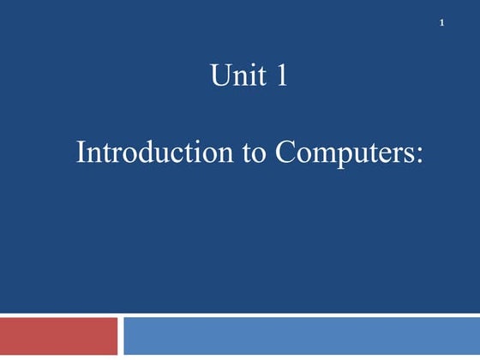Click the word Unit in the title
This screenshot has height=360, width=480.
click(234, 77)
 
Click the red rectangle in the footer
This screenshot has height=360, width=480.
click(58, 336)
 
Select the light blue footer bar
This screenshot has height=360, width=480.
click(301, 336)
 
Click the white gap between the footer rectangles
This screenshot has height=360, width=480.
click(120, 336)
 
